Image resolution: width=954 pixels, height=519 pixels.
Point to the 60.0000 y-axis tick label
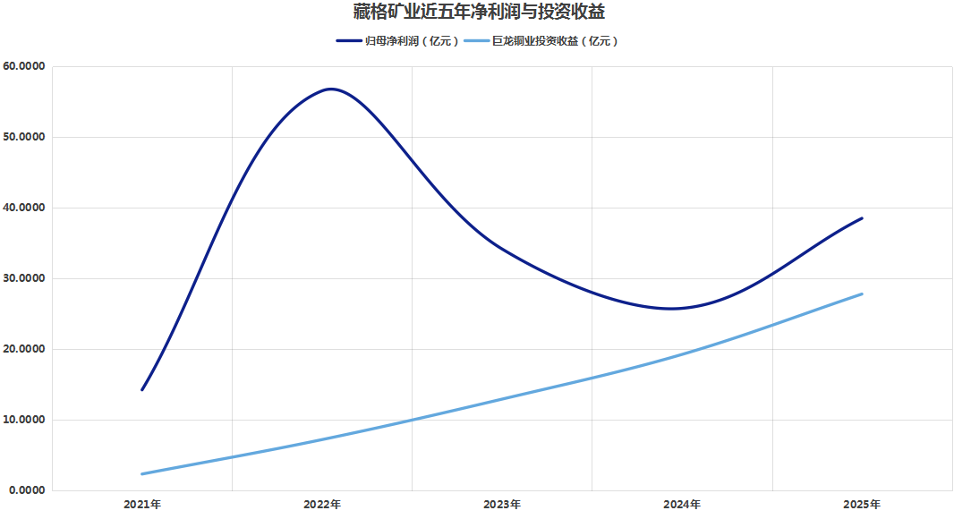[25, 67]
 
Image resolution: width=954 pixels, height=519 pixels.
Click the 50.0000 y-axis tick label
[25, 138]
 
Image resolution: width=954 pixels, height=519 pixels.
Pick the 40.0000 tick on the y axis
[25, 208]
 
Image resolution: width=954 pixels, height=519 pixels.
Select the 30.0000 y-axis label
[25, 279]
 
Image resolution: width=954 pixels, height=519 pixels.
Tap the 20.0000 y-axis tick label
[25, 350]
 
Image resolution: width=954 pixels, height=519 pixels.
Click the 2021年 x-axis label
[142, 505]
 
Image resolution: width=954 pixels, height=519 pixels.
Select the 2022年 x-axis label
[322, 505]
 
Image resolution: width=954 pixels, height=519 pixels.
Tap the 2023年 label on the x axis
[502, 505]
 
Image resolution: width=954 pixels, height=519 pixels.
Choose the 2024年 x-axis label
[682, 505]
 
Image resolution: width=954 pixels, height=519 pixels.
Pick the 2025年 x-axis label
[862, 505]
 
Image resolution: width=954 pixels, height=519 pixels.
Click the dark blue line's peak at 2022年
[330, 89]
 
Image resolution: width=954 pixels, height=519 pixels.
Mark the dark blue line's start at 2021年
[142, 389]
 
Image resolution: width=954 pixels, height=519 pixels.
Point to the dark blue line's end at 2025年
[862, 218]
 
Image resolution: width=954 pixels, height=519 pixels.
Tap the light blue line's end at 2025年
[862, 294]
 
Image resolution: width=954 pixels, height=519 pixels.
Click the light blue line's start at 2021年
[142, 474]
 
